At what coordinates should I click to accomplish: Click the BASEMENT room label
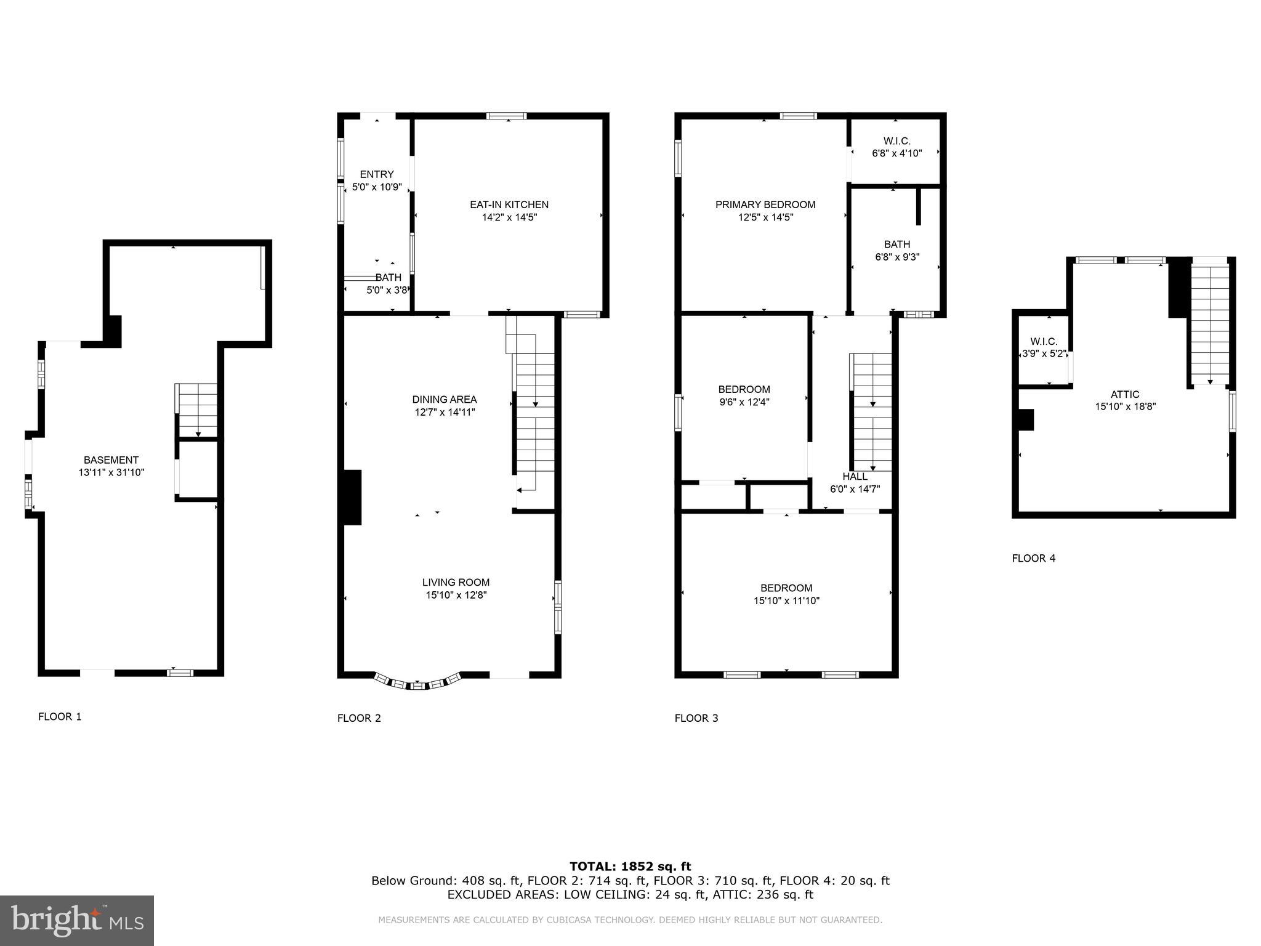(111, 460)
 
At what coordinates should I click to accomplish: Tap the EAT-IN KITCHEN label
(509, 204)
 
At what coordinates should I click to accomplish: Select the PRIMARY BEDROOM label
(765, 204)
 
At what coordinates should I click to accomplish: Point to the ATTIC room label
(1125, 394)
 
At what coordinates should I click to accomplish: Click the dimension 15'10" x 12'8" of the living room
(456, 596)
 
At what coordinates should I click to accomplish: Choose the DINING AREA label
(445, 400)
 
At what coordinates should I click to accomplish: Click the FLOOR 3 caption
(696, 718)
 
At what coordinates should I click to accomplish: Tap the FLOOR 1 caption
(60, 716)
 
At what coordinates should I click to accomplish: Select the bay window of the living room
(418, 682)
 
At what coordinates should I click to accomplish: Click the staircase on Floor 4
(1210, 323)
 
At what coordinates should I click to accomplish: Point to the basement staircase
(197, 410)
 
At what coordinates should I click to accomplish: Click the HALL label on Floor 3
(855, 477)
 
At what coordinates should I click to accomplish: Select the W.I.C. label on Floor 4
(1044, 341)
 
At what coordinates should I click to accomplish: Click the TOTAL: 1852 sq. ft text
(630, 867)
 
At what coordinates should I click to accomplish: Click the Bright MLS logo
(77, 920)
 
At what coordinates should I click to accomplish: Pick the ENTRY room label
(377, 174)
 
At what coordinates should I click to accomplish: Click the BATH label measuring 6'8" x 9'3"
(896, 244)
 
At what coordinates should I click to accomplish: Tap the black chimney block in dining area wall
(352, 497)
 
